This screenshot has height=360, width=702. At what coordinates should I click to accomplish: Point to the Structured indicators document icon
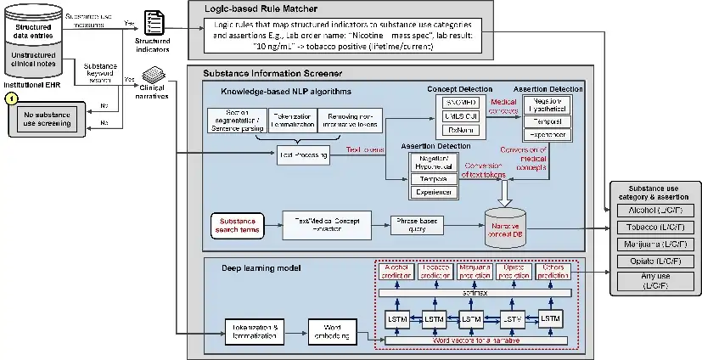[154, 23]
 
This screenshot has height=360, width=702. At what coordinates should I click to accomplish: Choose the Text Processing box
[303, 153]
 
